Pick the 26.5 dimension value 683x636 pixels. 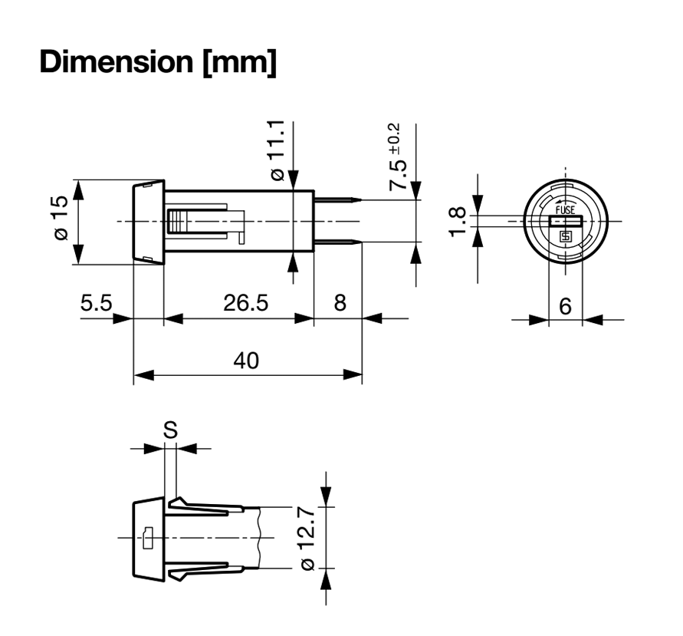[x=245, y=303]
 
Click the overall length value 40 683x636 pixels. [x=246, y=361]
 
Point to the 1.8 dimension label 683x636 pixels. [x=458, y=222]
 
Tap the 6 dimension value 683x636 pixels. [x=565, y=306]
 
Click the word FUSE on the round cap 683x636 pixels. [x=565, y=209]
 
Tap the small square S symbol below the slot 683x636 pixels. [x=566, y=236]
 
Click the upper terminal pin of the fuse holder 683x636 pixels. [x=337, y=201]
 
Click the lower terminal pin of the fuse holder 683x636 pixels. [x=337, y=243]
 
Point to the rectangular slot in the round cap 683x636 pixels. [x=566, y=222]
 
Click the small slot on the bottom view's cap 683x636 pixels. [x=148, y=537]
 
